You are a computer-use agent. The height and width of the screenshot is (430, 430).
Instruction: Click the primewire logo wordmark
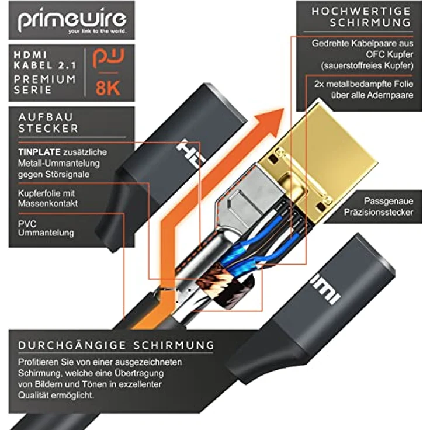(72, 19)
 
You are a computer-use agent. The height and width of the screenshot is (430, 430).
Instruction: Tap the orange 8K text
(108, 88)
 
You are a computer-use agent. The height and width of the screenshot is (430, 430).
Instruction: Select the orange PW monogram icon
(108, 58)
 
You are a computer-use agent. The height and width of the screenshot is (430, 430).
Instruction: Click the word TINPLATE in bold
(39, 152)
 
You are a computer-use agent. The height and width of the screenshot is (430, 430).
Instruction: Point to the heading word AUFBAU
(46, 117)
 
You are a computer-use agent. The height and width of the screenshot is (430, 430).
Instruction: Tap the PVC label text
(27, 224)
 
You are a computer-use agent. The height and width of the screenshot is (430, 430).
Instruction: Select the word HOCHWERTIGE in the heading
(361, 11)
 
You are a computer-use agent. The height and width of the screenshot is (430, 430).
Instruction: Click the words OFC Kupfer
(390, 54)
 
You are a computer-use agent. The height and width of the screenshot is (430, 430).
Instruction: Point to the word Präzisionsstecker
(379, 212)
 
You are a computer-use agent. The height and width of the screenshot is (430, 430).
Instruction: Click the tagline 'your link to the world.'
(98, 32)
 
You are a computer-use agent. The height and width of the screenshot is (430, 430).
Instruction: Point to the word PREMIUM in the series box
(45, 79)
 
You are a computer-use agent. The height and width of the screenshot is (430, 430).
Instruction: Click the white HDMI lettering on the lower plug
(327, 291)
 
